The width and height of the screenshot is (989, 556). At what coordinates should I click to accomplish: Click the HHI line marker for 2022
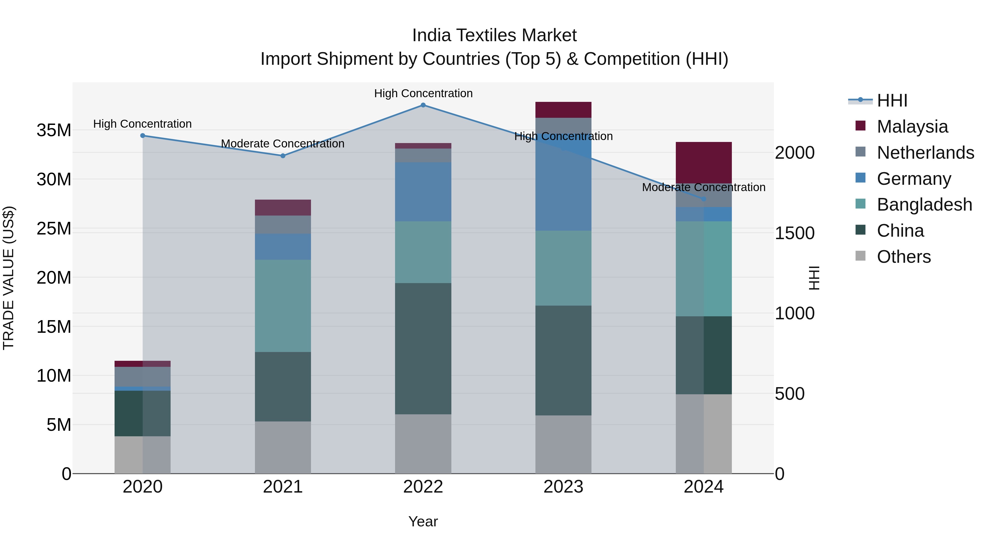[423, 105]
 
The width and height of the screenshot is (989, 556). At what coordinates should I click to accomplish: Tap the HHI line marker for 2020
[142, 135]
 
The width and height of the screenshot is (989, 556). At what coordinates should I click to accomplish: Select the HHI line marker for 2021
[283, 156]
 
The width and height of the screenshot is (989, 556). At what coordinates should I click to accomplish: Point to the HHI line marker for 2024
[704, 199]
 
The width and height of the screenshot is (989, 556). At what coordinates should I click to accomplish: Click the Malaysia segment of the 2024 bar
[704, 163]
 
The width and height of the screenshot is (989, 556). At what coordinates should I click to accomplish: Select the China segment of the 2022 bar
[423, 348]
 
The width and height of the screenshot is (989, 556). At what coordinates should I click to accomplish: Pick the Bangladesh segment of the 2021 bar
[283, 306]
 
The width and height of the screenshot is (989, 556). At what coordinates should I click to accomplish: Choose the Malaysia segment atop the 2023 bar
[563, 110]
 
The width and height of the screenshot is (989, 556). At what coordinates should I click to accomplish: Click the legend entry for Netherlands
[925, 153]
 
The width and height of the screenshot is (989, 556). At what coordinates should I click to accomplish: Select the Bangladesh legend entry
[924, 205]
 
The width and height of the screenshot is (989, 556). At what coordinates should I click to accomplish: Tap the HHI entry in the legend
[892, 100]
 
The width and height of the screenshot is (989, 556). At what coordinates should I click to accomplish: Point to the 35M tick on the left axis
[54, 130]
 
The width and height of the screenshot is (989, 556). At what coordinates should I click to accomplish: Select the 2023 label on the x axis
[563, 487]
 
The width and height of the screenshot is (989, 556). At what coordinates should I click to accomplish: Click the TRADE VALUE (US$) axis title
[9, 278]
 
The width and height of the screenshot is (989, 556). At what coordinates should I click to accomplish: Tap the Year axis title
[423, 521]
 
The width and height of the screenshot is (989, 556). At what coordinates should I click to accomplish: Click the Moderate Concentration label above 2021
[283, 144]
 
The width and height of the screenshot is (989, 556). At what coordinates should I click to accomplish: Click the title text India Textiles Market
[494, 35]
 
